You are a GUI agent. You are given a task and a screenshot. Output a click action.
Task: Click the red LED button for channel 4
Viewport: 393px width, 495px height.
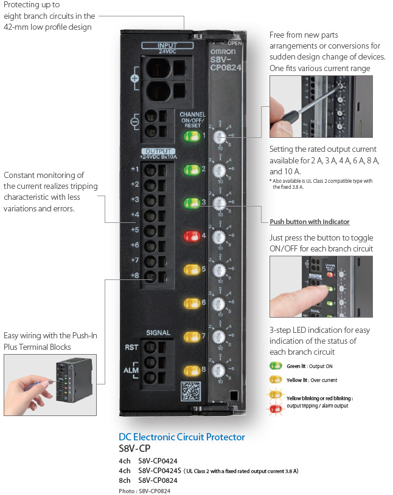191,234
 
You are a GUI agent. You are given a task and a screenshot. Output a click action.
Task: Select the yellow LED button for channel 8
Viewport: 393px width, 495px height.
191,370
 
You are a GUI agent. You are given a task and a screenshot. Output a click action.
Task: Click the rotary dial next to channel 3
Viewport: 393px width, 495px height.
221,203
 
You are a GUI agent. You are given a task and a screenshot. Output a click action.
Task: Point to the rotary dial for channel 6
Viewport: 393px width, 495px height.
221,303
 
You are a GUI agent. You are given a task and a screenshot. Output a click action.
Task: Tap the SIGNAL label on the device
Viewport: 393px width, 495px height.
158,333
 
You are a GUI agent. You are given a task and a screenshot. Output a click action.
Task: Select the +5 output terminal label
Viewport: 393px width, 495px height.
134,230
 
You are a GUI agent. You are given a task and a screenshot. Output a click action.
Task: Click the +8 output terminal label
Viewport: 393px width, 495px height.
134,275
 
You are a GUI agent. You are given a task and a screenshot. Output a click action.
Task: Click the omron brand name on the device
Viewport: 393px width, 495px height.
226,51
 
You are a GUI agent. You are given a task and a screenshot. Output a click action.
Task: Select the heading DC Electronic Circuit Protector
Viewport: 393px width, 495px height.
182,437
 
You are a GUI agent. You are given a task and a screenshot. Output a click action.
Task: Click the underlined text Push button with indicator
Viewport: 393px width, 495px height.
310,222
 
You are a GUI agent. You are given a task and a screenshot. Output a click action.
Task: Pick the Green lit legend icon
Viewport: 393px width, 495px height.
276,366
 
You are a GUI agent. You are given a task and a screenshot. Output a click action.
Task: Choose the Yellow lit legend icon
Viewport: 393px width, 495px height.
276,380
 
